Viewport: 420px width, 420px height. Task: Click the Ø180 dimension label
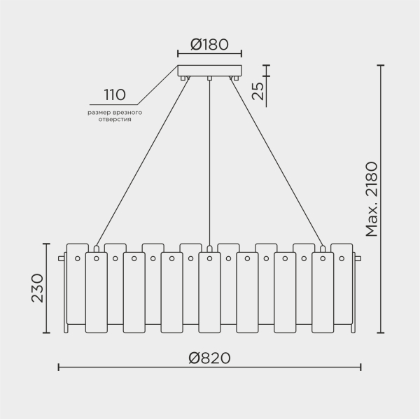pyautogui.click(x=209, y=44)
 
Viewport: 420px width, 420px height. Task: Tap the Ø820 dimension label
pyautogui.click(x=209, y=358)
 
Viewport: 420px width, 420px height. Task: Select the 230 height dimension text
pyautogui.click(x=37, y=288)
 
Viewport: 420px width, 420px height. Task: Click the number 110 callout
pyautogui.click(x=114, y=94)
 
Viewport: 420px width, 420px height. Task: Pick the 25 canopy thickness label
pyautogui.click(x=258, y=91)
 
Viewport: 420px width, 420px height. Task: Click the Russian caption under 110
pyautogui.click(x=115, y=115)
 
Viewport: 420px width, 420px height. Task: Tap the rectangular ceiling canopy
pyautogui.click(x=209, y=71)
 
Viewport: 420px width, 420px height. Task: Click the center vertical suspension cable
pyautogui.click(x=209, y=161)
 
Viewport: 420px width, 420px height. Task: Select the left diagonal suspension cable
pyautogui.click(x=140, y=161)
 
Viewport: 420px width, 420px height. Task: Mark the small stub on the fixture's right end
pyautogui.click(x=358, y=259)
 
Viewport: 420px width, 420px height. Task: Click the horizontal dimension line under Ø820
pyautogui.click(x=209, y=367)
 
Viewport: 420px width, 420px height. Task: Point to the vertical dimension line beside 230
pyautogui.click(x=47, y=288)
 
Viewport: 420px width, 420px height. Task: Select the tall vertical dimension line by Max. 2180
pyautogui.click(x=381, y=199)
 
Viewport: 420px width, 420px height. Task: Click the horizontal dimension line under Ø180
pyautogui.click(x=209, y=53)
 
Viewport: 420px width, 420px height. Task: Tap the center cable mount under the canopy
pyautogui.click(x=209, y=78)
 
